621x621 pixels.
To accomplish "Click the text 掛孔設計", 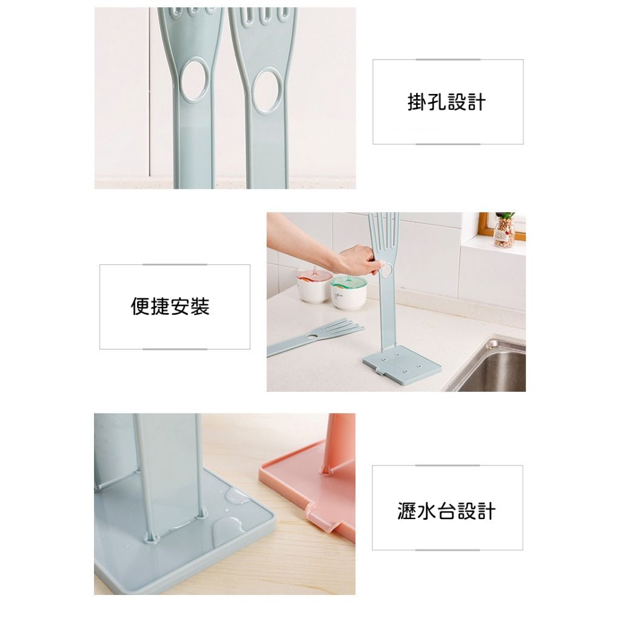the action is tap(447, 102).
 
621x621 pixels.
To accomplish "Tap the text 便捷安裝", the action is tap(170, 306).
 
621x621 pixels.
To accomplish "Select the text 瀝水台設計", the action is tap(446, 511).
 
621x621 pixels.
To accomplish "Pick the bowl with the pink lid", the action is tap(314, 284).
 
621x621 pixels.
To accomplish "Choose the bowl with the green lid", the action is tap(349, 292).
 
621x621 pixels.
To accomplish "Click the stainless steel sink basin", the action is tap(495, 366).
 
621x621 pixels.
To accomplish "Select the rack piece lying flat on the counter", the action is tap(315, 337).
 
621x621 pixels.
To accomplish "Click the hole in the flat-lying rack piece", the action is tap(313, 336).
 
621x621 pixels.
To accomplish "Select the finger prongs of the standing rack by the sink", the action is tap(383, 233).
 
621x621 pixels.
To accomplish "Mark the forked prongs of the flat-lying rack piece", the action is tap(345, 327).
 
